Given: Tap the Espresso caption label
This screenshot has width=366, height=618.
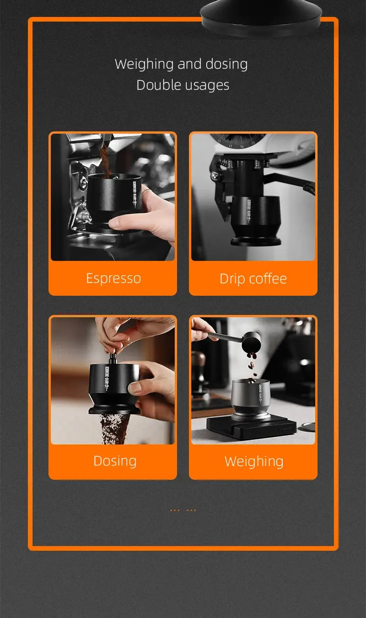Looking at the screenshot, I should point(113,278).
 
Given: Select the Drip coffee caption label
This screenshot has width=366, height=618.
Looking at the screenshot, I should point(253,279).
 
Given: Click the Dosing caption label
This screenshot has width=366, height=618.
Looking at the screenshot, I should point(115,461).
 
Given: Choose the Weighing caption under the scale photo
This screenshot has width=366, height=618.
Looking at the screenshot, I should point(254,461).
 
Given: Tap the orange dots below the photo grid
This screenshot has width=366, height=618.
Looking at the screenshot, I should point(183,510).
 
